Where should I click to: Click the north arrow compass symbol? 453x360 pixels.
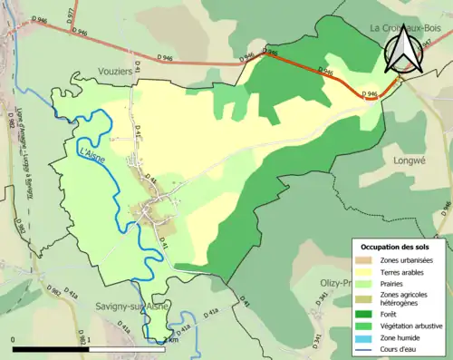point(403,52)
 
